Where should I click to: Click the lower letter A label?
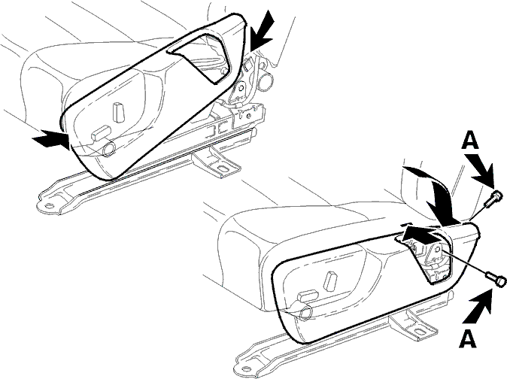[x=468, y=338]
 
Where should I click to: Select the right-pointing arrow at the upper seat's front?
[x=51, y=139]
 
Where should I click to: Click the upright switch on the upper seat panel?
[x=119, y=112]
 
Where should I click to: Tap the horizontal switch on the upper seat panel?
[x=101, y=133]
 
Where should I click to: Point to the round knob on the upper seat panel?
[x=108, y=149]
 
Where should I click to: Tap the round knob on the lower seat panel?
[x=306, y=313]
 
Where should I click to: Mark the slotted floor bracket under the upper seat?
[x=217, y=162]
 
